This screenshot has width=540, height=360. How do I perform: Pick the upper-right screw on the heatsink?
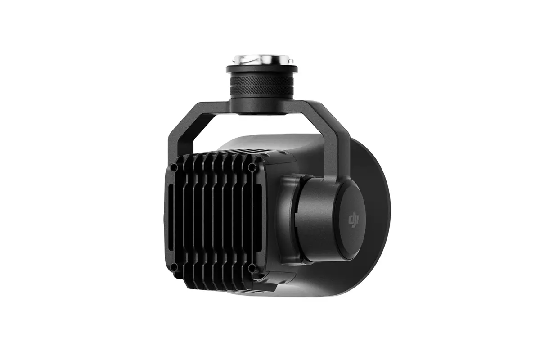(252, 167)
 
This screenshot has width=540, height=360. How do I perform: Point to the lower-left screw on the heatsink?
(175, 267)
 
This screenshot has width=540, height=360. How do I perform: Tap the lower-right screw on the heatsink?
(252, 268)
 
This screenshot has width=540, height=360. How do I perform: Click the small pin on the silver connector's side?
(291, 61)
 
